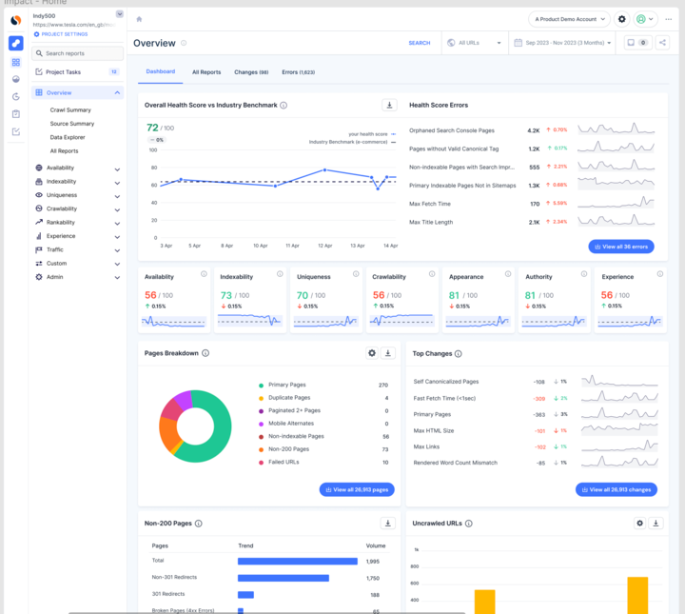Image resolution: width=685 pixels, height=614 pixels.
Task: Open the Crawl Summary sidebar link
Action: coord(70,110)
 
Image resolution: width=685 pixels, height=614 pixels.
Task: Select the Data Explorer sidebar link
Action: coord(68,137)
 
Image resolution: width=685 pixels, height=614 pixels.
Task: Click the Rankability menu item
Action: coord(61,223)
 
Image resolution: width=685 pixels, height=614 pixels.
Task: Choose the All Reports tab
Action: coord(206,72)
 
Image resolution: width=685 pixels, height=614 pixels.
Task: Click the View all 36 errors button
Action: coord(621,247)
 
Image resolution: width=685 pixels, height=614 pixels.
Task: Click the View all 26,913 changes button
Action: coord(616,489)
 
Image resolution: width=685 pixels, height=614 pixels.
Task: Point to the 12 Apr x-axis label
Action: coord(325,245)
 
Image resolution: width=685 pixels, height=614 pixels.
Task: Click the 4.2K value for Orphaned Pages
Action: coord(534,130)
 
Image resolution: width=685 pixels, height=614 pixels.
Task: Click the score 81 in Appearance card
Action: coord(454,295)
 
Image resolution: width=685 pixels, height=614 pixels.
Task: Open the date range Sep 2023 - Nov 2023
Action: coord(561,43)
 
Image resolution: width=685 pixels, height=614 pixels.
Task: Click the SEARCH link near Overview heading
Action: coord(419,43)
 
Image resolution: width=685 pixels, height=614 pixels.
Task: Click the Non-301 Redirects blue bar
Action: coord(283,578)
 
